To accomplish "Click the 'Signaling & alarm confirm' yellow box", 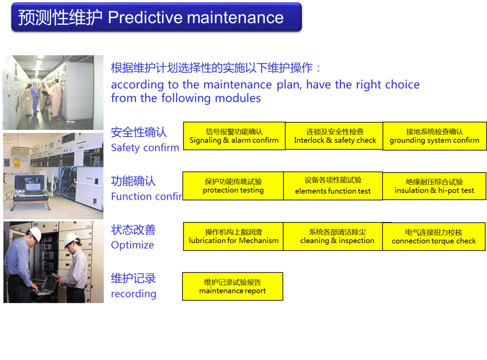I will tap(234, 136).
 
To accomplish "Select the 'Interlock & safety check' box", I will tap(334, 136).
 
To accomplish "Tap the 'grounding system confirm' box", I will tap(434, 136).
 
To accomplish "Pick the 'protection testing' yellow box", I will tap(233, 186).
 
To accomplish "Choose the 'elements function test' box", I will tap(333, 186).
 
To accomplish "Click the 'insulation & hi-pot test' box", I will tap(434, 186).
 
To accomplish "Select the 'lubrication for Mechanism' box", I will tap(234, 236).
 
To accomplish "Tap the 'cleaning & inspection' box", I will tap(333, 236).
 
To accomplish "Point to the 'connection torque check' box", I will tap(434, 236).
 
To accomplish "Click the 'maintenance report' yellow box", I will tap(233, 286).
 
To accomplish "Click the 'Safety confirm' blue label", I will tap(145, 148).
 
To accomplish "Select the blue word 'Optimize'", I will tap(132, 245).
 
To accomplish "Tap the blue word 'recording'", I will tap(134, 294).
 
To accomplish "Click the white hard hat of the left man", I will tap(35, 233).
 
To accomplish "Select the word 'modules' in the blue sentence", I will tap(238, 98).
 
